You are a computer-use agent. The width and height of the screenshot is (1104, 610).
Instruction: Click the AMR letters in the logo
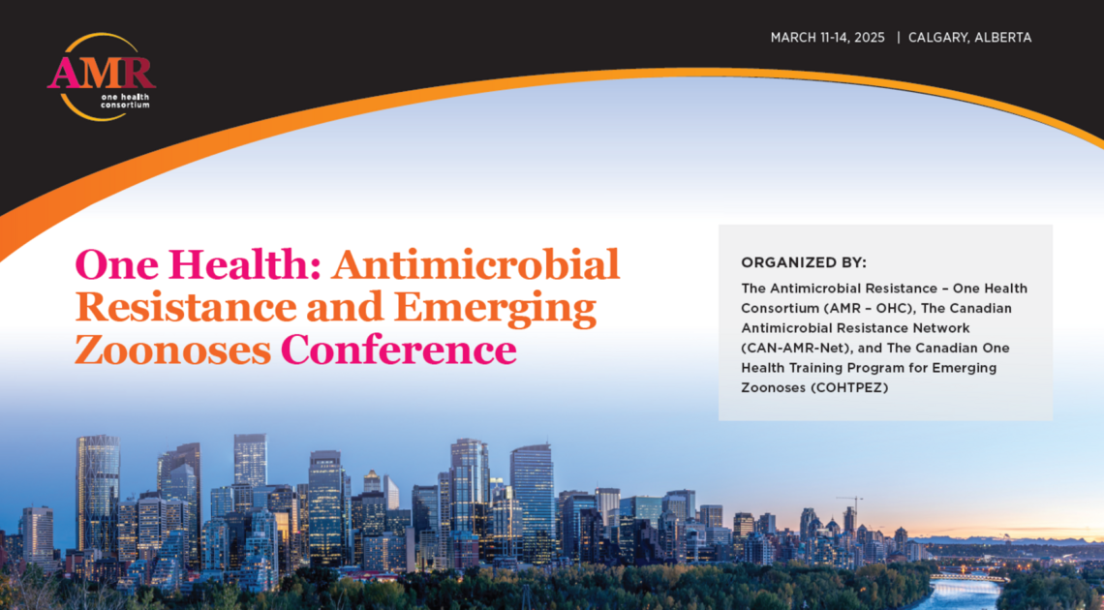[x=101, y=72]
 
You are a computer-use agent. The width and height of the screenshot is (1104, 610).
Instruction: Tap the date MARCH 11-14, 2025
[x=828, y=38]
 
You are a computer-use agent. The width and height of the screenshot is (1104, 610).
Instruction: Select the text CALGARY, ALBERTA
[x=969, y=38]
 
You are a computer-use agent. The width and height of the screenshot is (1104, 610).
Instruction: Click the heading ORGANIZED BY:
[x=803, y=262]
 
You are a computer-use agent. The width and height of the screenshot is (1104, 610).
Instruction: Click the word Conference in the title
[x=398, y=350]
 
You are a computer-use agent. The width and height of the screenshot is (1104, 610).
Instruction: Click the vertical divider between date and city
[x=899, y=38]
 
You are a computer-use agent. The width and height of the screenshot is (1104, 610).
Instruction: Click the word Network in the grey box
[x=938, y=328]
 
